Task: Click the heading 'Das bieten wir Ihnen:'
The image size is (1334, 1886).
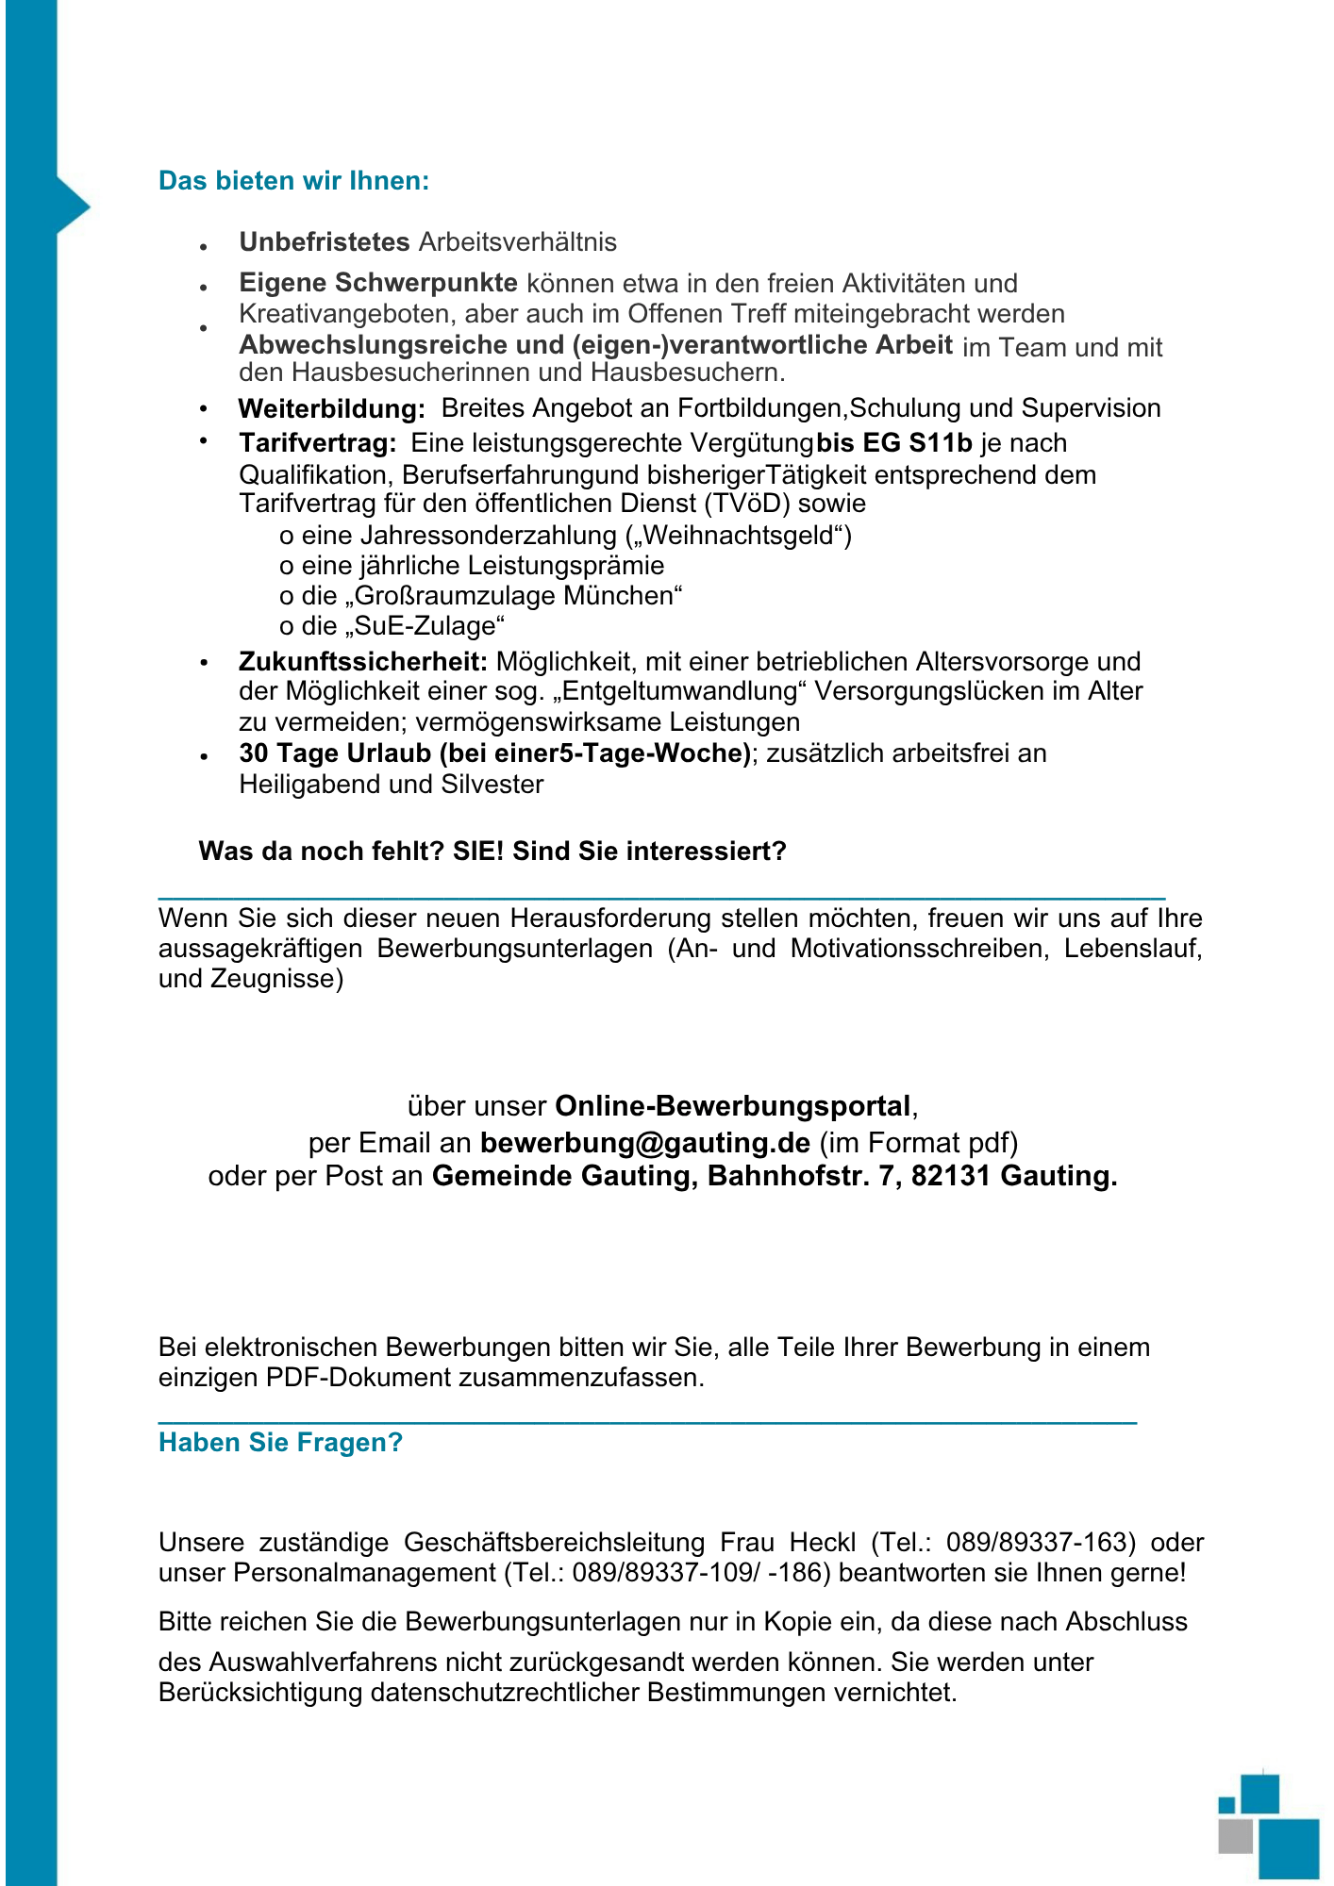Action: click(x=293, y=180)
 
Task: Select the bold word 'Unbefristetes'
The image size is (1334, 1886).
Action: click(x=324, y=242)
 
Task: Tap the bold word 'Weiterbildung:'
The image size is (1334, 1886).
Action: click(x=331, y=409)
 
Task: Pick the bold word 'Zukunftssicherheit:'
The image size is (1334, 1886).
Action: click(x=363, y=662)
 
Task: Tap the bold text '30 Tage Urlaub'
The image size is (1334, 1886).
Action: click(x=335, y=753)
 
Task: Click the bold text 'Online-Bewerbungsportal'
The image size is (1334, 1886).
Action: click(x=733, y=1106)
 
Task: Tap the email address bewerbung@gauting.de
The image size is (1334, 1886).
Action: click(x=645, y=1143)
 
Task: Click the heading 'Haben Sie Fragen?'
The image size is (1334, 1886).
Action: click(x=280, y=1443)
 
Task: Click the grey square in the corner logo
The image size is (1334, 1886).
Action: click(x=1235, y=1835)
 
